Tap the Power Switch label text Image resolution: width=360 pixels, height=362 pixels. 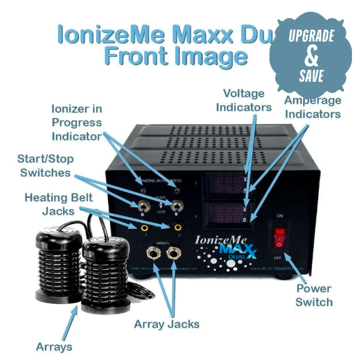tap(314, 295)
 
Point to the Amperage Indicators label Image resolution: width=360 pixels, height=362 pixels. tap(313, 107)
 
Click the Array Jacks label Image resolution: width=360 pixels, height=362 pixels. tap(167, 324)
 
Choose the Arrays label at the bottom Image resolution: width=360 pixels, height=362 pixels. tap(54, 346)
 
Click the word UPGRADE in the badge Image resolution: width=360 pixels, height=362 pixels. tap(311, 36)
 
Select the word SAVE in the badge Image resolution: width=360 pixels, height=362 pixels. tap(311, 76)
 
